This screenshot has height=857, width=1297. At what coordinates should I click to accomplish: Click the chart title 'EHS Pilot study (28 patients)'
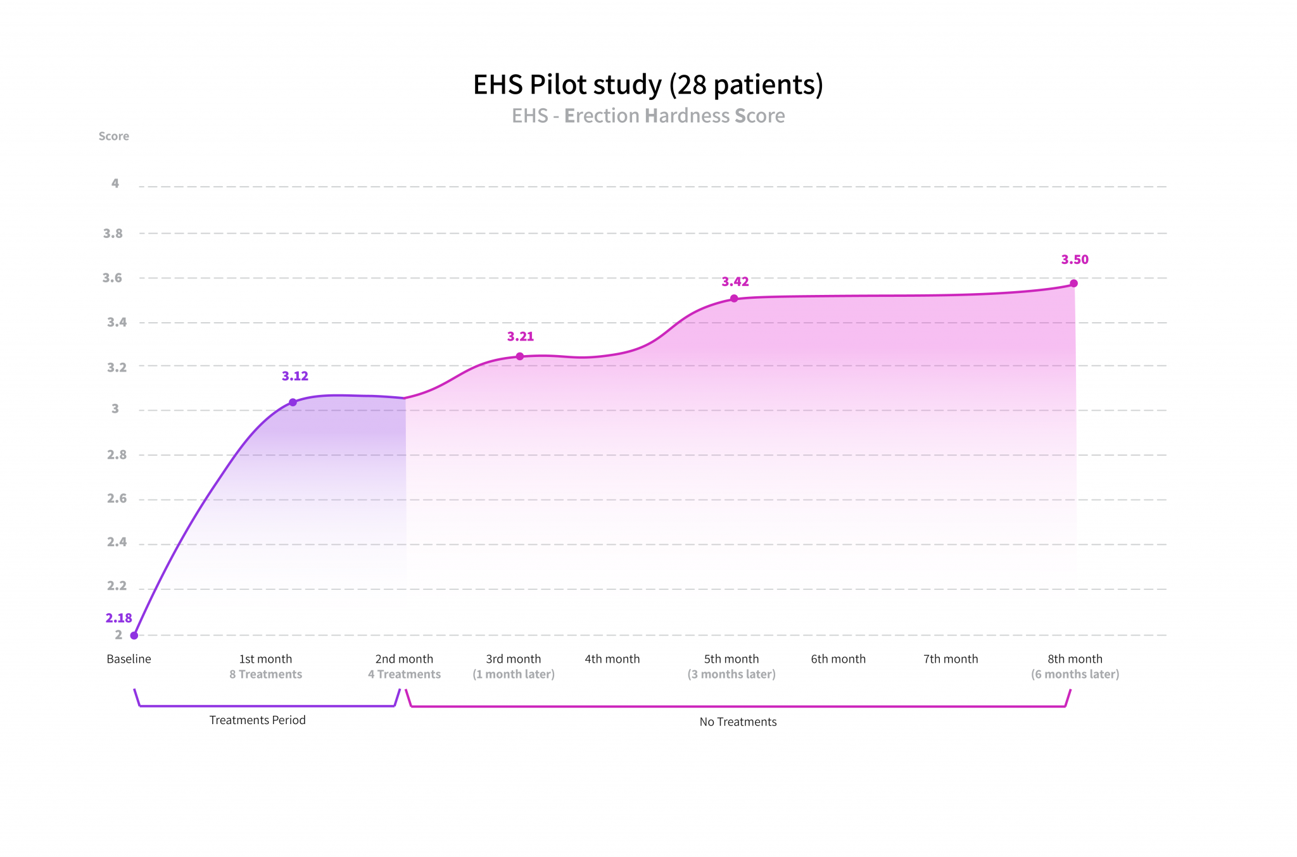(x=648, y=85)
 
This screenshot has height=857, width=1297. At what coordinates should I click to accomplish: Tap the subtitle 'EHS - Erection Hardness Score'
(x=648, y=116)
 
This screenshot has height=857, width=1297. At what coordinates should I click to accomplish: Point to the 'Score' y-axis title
(x=114, y=136)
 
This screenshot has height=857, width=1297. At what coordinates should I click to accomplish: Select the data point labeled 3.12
(x=293, y=403)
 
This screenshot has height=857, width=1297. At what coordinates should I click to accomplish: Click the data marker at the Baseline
(x=134, y=635)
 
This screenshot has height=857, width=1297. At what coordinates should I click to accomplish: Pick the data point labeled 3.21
(x=520, y=356)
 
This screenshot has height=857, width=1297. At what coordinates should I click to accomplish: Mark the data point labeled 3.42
(x=734, y=299)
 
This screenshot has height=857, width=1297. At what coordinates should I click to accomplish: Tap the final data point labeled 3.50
(x=1073, y=284)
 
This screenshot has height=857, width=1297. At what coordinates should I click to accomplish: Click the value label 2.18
(x=119, y=618)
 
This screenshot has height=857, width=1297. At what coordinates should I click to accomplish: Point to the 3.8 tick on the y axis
(x=113, y=234)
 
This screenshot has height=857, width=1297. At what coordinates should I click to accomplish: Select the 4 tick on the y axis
(x=115, y=184)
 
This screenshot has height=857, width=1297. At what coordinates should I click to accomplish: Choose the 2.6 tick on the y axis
(x=117, y=499)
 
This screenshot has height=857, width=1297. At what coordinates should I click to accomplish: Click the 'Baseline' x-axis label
(x=129, y=659)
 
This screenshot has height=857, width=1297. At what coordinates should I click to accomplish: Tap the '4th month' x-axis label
(x=612, y=659)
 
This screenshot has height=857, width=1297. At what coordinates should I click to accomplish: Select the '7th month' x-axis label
(x=950, y=659)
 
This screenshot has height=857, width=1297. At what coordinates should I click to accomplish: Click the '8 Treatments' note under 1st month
(x=266, y=674)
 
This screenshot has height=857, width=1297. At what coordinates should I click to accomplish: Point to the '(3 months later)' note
(x=731, y=674)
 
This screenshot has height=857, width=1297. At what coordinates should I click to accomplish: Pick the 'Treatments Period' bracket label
(x=257, y=720)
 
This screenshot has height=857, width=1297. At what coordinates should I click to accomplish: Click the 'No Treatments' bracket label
(x=738, y=722)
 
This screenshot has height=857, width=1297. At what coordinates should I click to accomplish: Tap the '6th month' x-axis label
(x=838, y=659)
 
